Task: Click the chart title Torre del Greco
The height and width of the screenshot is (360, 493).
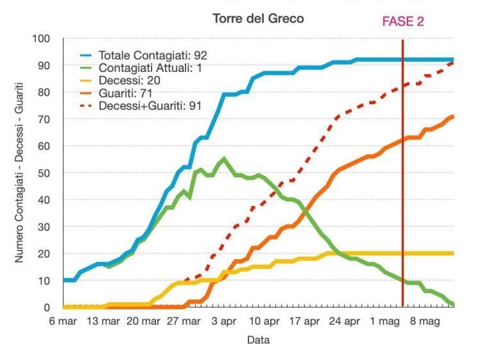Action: [x=258, y=19]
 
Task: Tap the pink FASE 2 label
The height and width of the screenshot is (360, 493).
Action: [x=402, y=21]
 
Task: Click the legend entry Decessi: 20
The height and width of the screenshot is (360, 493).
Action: [x=130, y=80]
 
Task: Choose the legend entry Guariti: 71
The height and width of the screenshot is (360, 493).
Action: [x=128, y=93]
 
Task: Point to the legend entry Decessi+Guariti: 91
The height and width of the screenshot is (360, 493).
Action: [x=150, y=106]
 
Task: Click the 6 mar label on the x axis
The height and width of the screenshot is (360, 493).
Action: [x=64, y=320]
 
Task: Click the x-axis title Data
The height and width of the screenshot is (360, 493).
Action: [x=258, y=340]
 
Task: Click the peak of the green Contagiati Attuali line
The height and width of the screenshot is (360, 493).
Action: [x=223, y=159]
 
